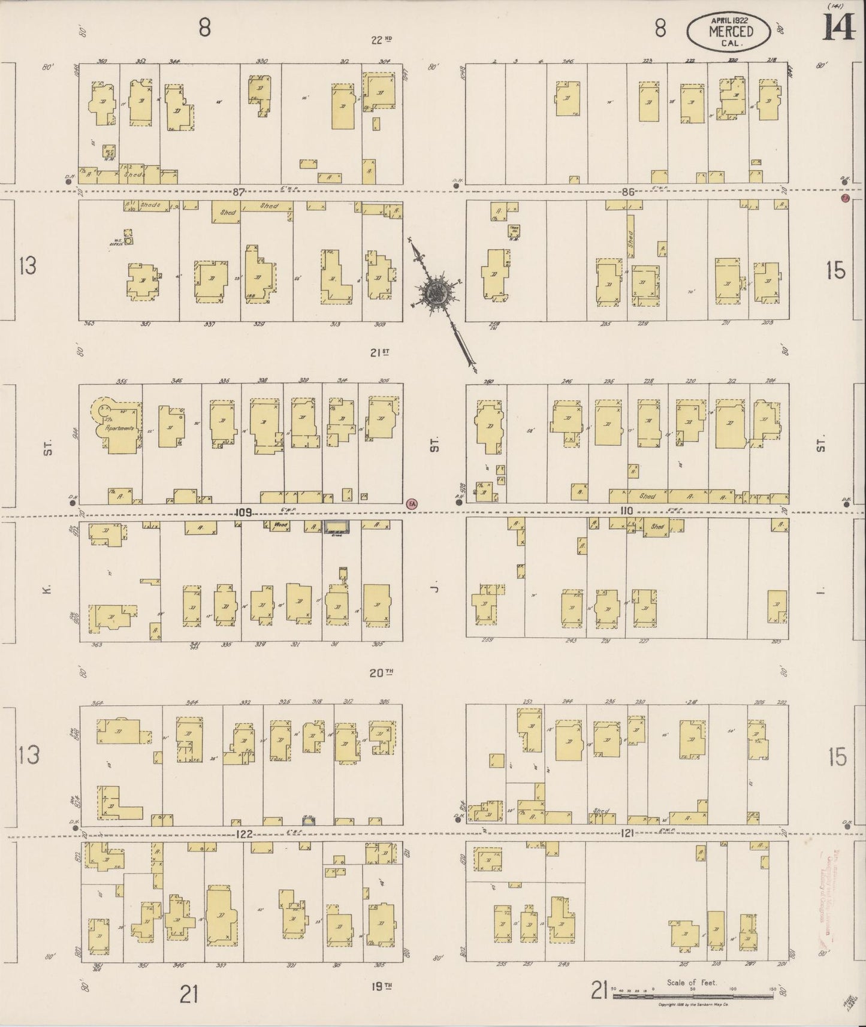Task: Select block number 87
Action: (x=240, y=192)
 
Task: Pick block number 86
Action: (x=627, y=192)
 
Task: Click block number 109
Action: (x=243, y=513)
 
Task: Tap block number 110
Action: (x=627, y=511)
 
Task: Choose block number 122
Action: (x=244, y=833)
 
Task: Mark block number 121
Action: (x=627, y=833)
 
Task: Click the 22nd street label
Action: (x=381, y=40)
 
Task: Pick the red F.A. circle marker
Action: (x=411, y=504)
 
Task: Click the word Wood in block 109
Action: (x=280, y=525)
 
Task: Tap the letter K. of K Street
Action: (x=48, y=590)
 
